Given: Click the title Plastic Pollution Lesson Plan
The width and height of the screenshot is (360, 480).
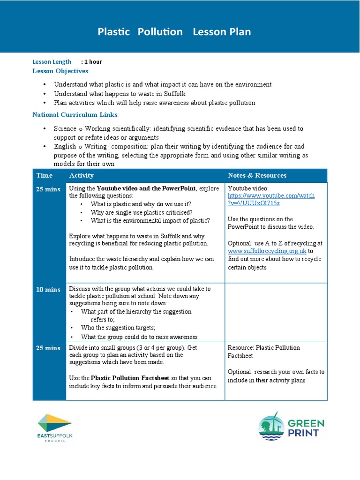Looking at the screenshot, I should coord(174,32).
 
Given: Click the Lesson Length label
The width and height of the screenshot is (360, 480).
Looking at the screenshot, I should coord(52,62).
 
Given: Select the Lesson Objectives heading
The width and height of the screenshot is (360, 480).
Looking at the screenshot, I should coord(60,71).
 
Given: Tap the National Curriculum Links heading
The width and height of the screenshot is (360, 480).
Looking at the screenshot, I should coord(75,115).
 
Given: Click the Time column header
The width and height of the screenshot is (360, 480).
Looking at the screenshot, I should coord(45,175).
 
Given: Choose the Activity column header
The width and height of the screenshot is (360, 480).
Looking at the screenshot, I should coord(81,175).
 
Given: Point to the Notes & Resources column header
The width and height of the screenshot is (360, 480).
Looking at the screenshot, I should coord(257,175).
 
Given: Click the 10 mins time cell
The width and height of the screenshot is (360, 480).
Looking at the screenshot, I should coord(49,290).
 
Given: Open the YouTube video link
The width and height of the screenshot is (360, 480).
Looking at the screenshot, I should coord(271,199).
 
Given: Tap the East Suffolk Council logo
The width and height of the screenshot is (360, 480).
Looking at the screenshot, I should coord(55,427).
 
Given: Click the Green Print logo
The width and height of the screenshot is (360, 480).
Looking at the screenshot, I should coord(291,426).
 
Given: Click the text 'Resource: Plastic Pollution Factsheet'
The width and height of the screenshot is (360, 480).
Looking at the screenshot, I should coord(263,352).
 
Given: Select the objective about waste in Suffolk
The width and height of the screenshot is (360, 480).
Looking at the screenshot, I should coord(120,94).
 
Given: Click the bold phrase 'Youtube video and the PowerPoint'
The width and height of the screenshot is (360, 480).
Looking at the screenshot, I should coord(146,188).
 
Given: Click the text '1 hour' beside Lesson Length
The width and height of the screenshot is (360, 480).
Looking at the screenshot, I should coord(93,62).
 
